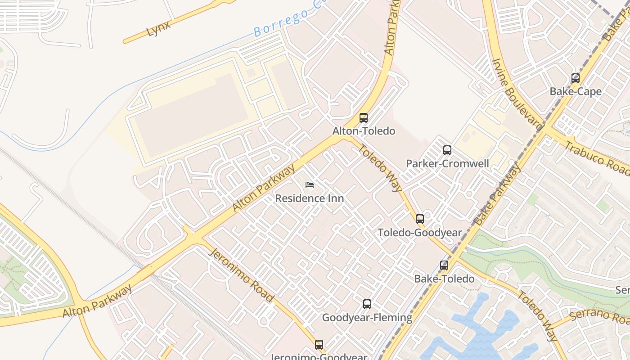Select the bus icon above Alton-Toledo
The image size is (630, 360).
pyautogui.click(x=364, y=118)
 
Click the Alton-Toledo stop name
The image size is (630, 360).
pyautogui.click(x=364, y=131)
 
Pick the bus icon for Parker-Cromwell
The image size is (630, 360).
pyautogui.click(x=447, y=150)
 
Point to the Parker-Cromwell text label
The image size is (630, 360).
pyautogui.click(x=447, y=163)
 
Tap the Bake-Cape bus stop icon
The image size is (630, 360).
pyautogui.click(x=575, y=78)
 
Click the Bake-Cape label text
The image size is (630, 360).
pyautogui.click(x=575, y=91)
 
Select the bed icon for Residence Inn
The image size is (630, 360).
pyautogui.click(x=310, y=185)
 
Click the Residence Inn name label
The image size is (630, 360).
pyautogui.click(x=310, y=198)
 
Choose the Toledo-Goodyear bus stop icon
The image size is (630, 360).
pyautogui.click(x=420, y=219)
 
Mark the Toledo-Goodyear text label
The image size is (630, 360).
pyautogui.click(x=420, y=233)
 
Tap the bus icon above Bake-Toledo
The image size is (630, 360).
pyautogui.click(x=444, y=265)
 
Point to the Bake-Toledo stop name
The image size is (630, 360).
pyautogui.click(x=444, y=279)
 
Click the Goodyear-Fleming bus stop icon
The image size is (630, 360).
pyautogui.click(x=367, y=304)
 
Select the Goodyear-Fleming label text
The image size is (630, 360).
pyautogui.click(x=367, y=318)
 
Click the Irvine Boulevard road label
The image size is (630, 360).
pyautogui.click(x=517, y=94)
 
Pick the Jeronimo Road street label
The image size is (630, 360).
pyautogui.click(x=241, y=274)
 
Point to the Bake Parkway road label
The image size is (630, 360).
pyautogui.click(x=497, y=194)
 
